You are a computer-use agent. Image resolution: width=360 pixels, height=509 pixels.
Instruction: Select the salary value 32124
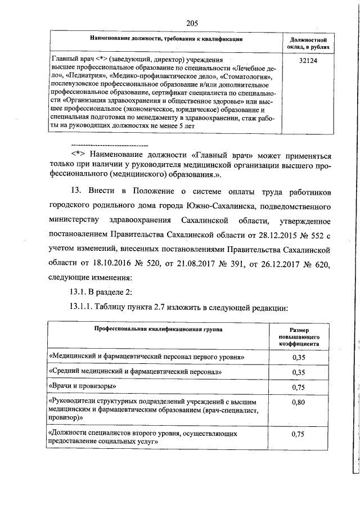tap(308, 59)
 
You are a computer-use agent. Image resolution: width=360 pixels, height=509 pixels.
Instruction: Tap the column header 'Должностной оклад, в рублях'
tap(308, 44)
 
